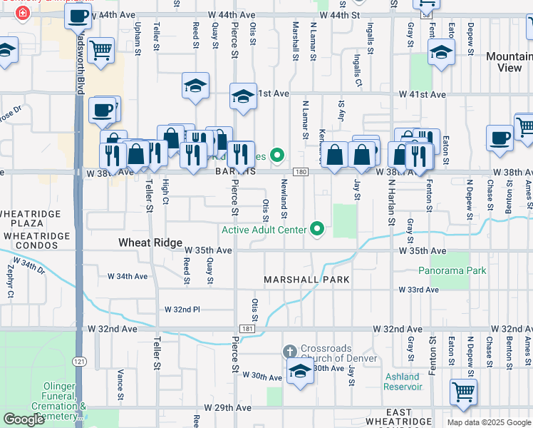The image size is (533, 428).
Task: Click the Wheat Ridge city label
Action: coord(150,243)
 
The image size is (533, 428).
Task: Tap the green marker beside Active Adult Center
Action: coord(318,230)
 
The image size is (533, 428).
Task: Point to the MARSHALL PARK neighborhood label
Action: coord(307,280)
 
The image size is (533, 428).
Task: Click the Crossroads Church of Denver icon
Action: coord(289,351)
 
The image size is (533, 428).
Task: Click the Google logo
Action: coord(24,419)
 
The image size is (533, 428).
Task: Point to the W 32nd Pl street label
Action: coord(182,310)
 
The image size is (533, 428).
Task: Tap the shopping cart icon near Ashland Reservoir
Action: coord(463,391)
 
